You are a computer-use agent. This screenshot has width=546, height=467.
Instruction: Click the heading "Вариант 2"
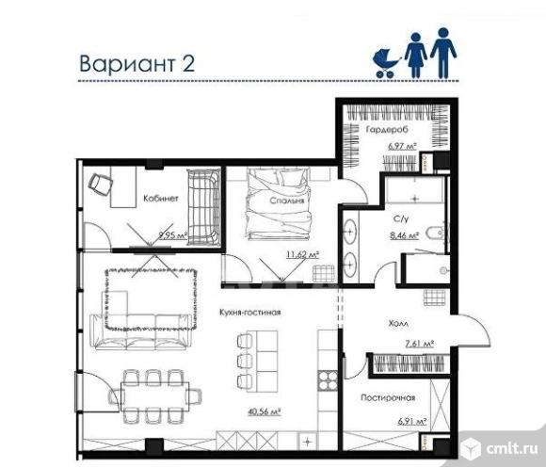point(136,63)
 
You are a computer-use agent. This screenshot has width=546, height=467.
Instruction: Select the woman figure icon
point(415,56)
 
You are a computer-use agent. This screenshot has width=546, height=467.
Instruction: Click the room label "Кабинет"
point(161,199)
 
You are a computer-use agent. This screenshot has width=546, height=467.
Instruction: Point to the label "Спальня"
point(287,201)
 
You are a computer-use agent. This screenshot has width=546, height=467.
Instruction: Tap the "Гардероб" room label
point(387,130)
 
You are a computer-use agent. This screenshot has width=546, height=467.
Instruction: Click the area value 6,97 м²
point(402,146)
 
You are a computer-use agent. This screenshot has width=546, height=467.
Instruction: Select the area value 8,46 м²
point(404,235)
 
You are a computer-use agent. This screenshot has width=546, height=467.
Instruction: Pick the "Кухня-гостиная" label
point(250,312)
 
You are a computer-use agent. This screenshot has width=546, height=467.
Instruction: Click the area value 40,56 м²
point(265,411)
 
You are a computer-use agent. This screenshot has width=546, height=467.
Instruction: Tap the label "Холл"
point(398,324)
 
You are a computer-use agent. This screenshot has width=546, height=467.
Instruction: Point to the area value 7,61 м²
point(420,344)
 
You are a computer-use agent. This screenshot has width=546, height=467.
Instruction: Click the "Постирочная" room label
point(388,397)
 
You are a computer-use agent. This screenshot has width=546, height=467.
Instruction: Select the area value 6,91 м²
point(412,422)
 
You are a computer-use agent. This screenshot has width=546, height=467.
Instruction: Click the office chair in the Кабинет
point(101,185)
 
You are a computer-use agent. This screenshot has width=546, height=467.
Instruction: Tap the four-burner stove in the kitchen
point(328,380)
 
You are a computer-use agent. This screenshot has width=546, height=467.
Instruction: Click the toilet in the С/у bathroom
point(436,232)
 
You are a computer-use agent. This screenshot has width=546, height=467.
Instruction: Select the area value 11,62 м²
point(302,254)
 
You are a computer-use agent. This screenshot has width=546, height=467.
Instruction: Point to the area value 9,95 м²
point(173,235)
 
